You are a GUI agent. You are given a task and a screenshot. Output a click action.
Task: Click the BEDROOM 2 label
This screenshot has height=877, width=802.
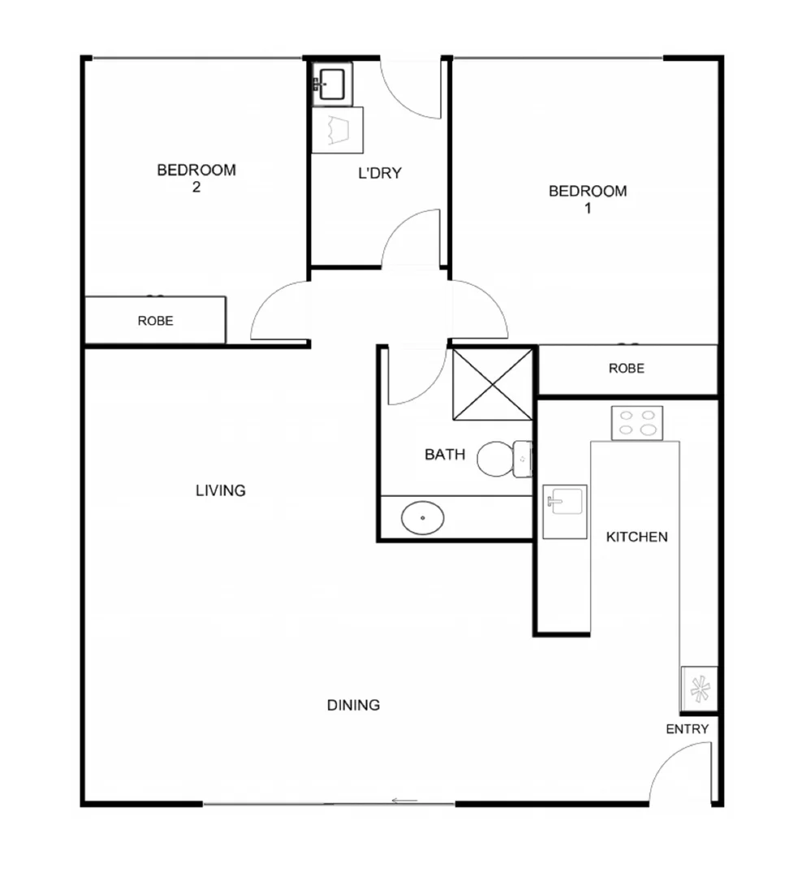tap(196, 178)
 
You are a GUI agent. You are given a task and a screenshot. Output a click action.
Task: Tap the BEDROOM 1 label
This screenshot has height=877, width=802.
tap(588, 199)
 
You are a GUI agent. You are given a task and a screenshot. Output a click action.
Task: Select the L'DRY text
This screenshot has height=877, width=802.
tap(380, 173)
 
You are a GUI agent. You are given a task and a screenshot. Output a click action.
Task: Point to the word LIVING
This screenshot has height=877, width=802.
tap(220, 490)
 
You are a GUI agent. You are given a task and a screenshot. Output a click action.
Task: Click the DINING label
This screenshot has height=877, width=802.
tap(353, 705)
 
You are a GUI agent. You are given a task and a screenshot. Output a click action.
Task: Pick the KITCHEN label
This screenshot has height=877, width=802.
tap(637, 537)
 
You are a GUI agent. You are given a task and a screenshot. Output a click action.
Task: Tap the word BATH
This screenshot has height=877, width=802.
tap(445, 455)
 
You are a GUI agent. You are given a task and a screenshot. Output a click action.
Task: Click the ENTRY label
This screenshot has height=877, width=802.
tap(687, 729)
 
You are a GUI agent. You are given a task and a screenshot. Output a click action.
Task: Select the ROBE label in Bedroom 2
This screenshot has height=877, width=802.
tap(155, 321)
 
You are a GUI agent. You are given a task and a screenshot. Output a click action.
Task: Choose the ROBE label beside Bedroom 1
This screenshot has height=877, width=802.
tap(627, 369)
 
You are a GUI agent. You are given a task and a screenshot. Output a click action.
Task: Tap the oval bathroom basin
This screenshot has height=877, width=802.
tap(423, 517)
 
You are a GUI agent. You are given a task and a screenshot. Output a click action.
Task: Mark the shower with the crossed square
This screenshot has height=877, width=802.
tap(492, 384)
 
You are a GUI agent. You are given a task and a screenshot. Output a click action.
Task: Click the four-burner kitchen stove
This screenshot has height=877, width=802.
tap(636, 423)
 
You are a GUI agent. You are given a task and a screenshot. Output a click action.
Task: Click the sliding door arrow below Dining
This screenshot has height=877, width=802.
tap(404, 801)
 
